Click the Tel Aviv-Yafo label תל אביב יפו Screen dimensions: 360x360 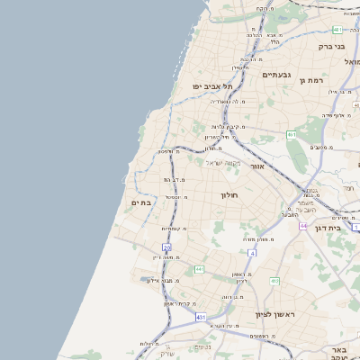(x=211, y=86)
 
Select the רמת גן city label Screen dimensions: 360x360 (x=311, y=80)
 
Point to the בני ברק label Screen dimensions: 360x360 (x=332, y=46)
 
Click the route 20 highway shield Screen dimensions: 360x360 (x=166, y=247)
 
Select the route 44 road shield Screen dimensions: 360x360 (x=304, y=225)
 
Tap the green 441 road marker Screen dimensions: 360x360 (x=199, y=268)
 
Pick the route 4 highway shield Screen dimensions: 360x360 (x=253, y=254)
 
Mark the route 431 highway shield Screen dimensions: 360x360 (x=200, y=318)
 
